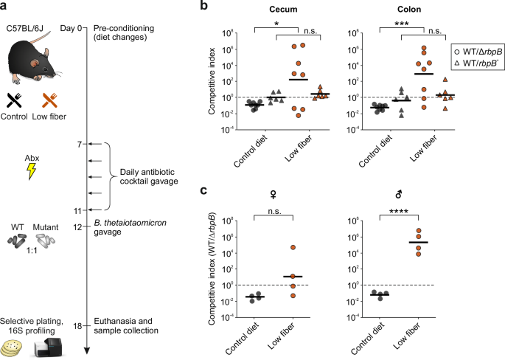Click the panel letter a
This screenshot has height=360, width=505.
5,7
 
